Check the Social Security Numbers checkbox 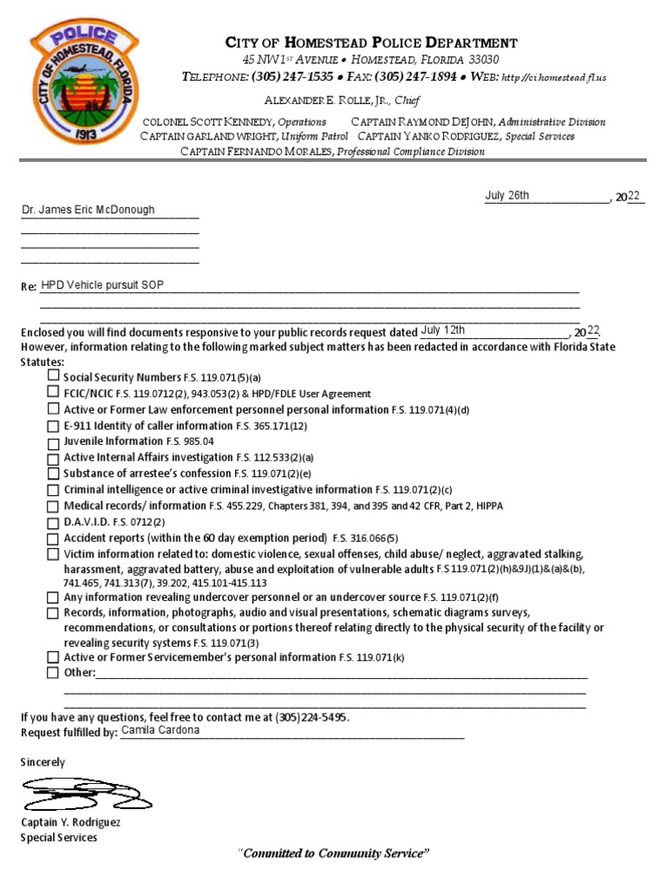pos(54,375)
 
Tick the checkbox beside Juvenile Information pos(54,441)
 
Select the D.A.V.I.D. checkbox pos(54,523)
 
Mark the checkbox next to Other pos(54,672)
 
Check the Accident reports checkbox pos(54,539)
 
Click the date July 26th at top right pos(507,196)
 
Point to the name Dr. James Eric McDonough pos(88,210)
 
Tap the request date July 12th pos(442,330)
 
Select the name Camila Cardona pos(160,730)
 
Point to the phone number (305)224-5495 pos(312,718)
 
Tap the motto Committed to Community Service pos(333,854)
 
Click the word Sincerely pos(42,761)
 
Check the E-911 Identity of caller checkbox pos(54,426)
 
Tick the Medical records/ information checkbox pos(54,506)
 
